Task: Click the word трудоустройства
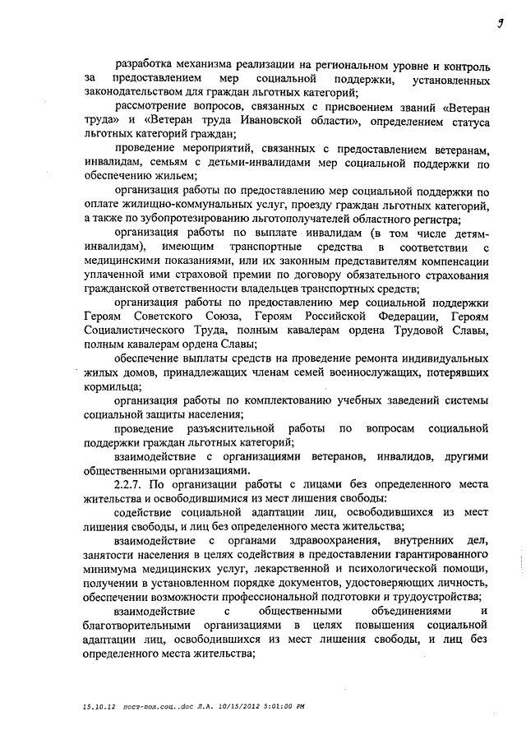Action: click(x=432, y=597)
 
